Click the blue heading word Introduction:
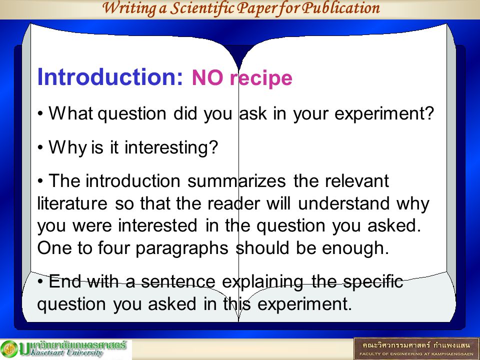click(110, 77)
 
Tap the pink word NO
click(207, 78)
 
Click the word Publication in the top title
click(340, 8)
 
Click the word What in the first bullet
click(70, 113)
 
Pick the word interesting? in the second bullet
click(171, 148)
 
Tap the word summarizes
click(236, 181)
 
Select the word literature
click(72, 203)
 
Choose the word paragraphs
click(182, 248)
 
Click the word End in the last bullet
click(65, 281)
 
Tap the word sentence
click(178, 281)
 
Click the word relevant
click(357, 181)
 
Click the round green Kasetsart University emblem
click(9, 349)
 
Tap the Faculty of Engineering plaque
click(416, 348)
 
